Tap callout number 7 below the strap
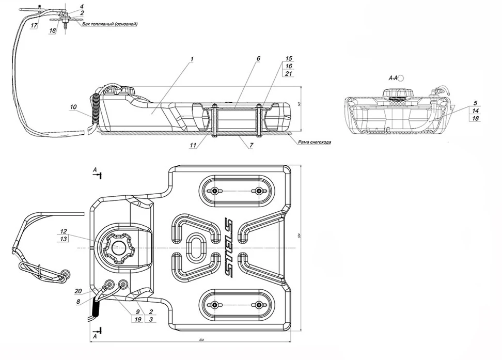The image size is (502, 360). pyautogui.click(x=250, y=146)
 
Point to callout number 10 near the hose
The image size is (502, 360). pyautogui.click(x=73, y=107)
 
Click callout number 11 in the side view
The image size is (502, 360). pyautogui.click(x=193, y=146)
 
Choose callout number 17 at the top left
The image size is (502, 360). pyautogui.click(x=34, y=25)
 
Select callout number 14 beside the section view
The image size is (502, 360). pyautogui.click(x=474, y=111)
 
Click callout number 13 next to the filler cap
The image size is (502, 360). pyautogui.click(x=64, y=239)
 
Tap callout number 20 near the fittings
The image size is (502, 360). pyautogui.click(x=77, y=291)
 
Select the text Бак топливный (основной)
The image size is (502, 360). pyautogui.click(x=110, y=24)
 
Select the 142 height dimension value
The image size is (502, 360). pyautogui.click(x=300, y=103)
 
